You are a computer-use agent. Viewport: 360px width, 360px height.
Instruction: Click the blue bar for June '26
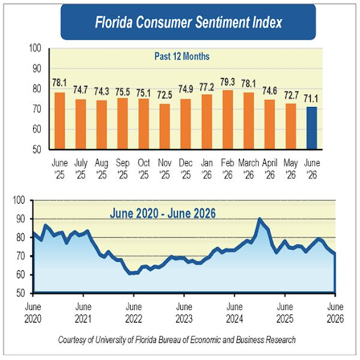click(x=311, y=128)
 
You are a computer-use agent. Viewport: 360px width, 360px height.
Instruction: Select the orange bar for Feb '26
click(x=228, y=120)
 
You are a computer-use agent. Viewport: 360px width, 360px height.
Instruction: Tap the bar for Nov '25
click(x=165, y=127)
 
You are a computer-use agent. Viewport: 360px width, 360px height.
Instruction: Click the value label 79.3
click(x=228, y=82)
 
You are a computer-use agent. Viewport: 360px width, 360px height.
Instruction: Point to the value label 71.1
click(x=311, y=98)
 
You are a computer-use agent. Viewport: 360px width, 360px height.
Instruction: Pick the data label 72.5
click(x=165, y=95)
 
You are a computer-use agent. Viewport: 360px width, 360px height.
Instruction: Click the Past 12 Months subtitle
click(x=182, y=56)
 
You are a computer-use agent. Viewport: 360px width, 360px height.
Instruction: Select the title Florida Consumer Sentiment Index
click(x=188, y=22)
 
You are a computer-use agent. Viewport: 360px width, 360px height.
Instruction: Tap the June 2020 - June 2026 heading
click(x=162, y=213)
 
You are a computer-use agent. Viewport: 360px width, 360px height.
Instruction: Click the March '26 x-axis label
click(x=248, y=169)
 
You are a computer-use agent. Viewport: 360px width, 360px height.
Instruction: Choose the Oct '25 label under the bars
click(x=143, y=169)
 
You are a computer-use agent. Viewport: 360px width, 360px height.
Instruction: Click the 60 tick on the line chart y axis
click(x=20, y=275)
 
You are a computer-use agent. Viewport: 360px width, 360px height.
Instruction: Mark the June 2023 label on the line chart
click(x=184, y=313)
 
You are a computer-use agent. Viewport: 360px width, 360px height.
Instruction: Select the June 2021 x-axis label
click(x=83, y=313)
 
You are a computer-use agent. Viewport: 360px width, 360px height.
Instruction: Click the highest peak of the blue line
click(x=259, y=219)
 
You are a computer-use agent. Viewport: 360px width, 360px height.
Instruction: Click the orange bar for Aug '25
click(x=101, y=124)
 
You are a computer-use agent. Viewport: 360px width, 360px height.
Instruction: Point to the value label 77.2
click(x=207, y=87)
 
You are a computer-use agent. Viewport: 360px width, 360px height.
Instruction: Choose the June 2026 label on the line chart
click(x=335, y=313)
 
